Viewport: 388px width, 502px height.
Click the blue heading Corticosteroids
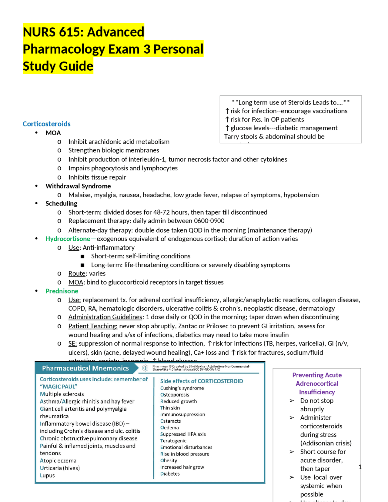point(46,124)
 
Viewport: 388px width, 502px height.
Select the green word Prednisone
point(62,291)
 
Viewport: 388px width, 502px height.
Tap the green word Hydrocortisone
point(68,239)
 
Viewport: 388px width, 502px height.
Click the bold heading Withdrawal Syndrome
point(78,186)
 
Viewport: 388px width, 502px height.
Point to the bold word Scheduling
point(61,203)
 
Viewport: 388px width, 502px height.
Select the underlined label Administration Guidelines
point(105,317)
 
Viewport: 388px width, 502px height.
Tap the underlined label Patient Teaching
point(93,326)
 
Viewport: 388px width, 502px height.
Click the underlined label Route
point(77,273)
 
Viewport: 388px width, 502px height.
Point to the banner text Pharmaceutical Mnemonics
point(85,368)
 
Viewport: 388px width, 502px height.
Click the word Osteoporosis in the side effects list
point(175,395)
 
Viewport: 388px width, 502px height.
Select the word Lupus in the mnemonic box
point(47,475)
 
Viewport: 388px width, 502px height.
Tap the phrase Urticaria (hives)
point(60,468)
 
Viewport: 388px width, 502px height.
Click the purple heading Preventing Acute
point(317,375)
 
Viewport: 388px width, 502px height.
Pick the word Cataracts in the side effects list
point(170,421)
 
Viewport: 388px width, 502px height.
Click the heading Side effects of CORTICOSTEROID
point(202,381)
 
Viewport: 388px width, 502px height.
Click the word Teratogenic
point(173,441)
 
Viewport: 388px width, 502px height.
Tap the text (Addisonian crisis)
point(326,443)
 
